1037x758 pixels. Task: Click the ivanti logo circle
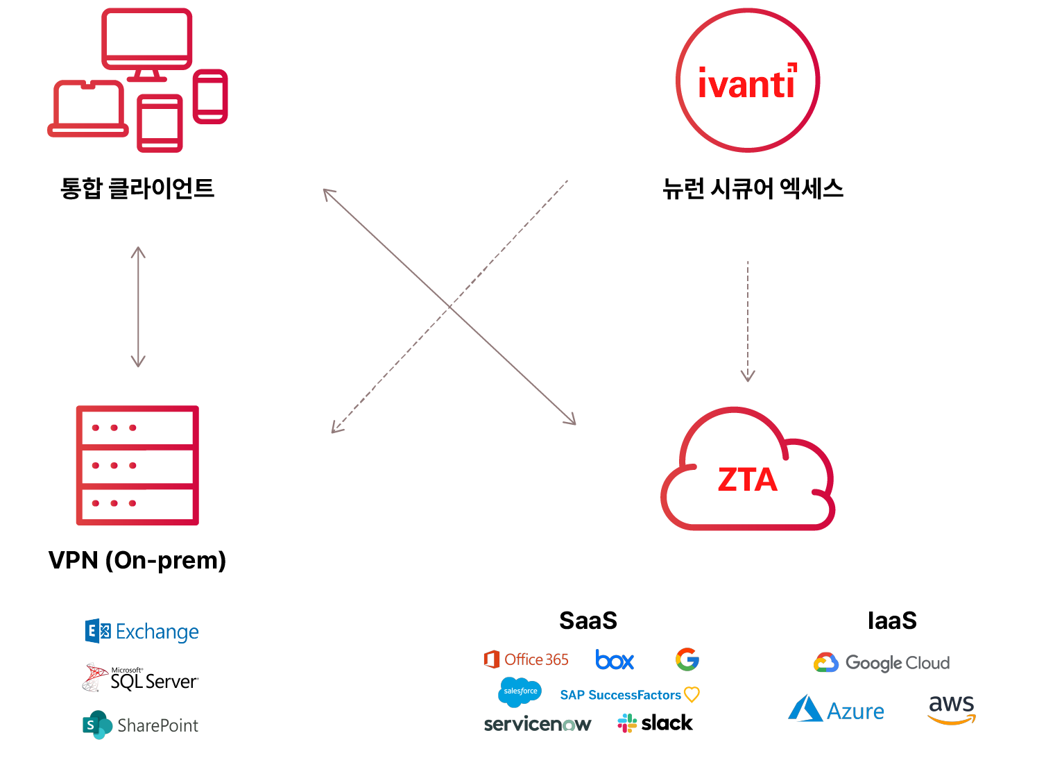pyautogui.click(x=748, y=81)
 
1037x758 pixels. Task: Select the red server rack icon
pyautogui.click(x=137, y=465)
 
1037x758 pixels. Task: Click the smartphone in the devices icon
pyautogui.click(x=210, y=96)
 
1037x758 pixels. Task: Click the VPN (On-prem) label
pyautogui.click(x=137, y=560)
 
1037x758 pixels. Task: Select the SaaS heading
pyautogui.click(x=588, y=621)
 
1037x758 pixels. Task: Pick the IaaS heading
pyautogui.click(x=892, y=621)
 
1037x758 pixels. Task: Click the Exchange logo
pyautogui.click(x=142, y=631)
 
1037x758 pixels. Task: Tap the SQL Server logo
pyautogui.click(x=141, y=678)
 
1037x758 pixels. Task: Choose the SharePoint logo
pyautogui.click(x=141, y=725)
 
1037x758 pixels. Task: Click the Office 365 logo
pyautogui.click(x=526, y=659)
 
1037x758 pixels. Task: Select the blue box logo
pyautogui.click(x=615, y=659)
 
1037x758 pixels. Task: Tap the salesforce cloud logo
pyautogui.click(x=520, y=691)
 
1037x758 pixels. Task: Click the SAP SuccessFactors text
pyautogui.click(x=622, y=695)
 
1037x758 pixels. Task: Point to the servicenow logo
pyautogui.click(x=538, y=724)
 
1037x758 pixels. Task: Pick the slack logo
pyautogui.click(x=655, y=723)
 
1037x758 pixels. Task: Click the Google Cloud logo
pyautogui.click(x=882, y=663)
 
